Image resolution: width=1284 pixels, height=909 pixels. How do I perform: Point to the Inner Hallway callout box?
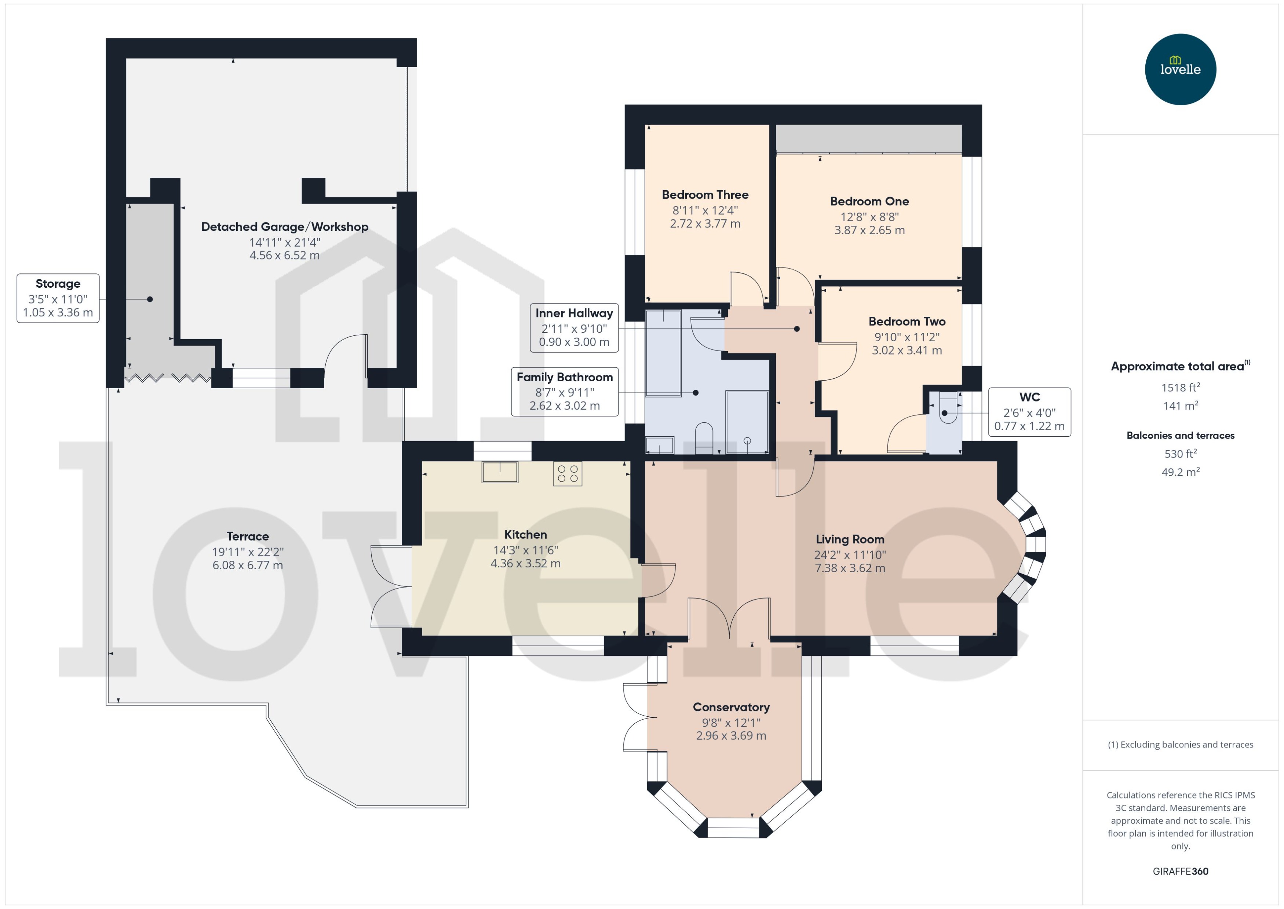(x=574, y=327)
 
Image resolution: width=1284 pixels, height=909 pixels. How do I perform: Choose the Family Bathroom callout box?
(x=565, y=391)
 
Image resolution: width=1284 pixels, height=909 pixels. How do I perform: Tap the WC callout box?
(x=1029, y=412)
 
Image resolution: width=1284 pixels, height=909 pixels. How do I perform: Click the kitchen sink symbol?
(x=500, y=472)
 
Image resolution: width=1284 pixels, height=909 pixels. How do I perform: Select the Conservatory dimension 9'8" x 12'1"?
(x=731, y=723)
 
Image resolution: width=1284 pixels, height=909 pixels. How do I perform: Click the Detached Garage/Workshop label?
(x=284, y=227)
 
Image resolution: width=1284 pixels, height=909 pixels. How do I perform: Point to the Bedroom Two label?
(x=907, y=321)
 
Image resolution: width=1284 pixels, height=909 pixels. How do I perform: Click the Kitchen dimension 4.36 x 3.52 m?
(x=525, y=564)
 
